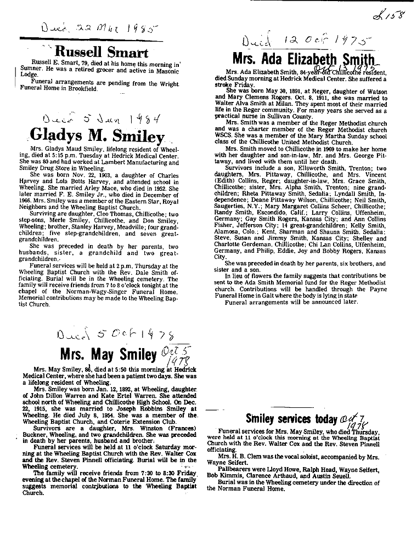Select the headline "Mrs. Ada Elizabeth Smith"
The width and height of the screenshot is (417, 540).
click(x=304, y=59)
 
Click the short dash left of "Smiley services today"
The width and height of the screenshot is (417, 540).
click(x=217, y=411)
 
